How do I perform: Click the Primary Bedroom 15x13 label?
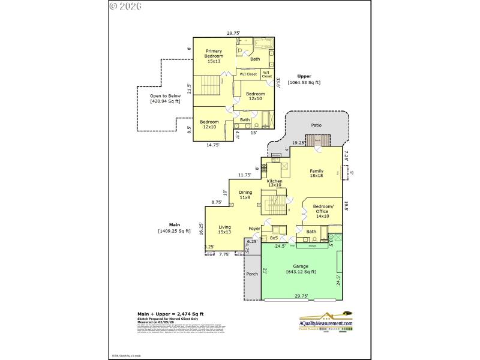tap(214, 55)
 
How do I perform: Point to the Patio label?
tap(316, 125)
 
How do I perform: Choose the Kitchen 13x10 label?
tap(275, 182)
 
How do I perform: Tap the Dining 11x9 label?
tap(245, 194)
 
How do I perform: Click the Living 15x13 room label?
tap(224, 229)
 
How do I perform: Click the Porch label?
tap(252, 274)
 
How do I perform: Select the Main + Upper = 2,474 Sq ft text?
tap(170, 314)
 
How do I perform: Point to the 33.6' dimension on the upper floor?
tap(278, 81)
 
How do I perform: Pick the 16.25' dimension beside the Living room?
tap(201, 229)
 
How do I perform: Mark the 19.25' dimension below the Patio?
tap(298, 143)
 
